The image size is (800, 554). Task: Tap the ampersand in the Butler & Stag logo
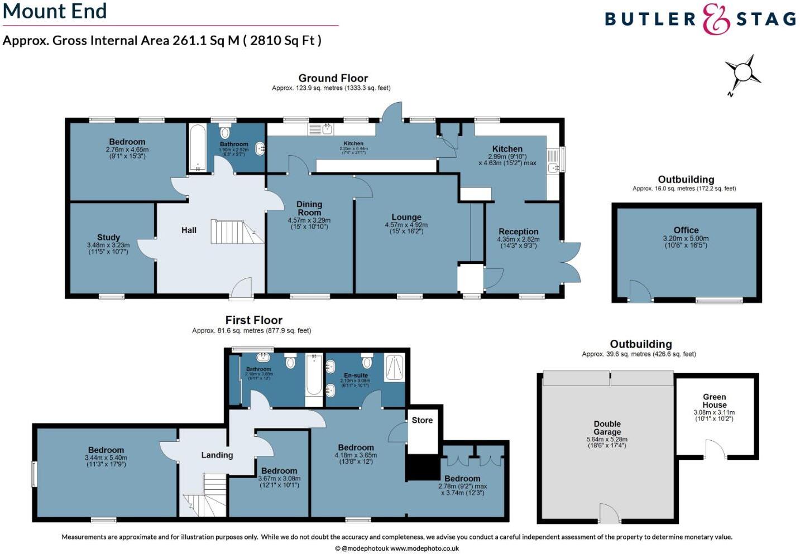pyautogui.click(x=716, y=20)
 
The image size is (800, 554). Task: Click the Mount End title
pyautogui.click(x=55, y=11)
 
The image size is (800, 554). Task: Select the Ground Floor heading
pyautogui.click(x=333, y=78)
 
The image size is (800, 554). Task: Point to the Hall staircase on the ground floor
pyautogui.click(x=234, y=232)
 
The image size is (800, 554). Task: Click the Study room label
pyautogui.click(x=108, y=237)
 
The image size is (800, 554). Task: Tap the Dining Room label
pyautogui.click(x=309, y=208)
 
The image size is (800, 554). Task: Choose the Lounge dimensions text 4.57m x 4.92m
pyautogui.click(x=406, y=225)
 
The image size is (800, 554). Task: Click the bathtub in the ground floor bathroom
pyautogui.click(x=197, y=148)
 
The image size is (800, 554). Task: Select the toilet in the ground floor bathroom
pyautogui.click(x=225, y=132)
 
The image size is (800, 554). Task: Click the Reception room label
pyautogui.click(x=518, y=232)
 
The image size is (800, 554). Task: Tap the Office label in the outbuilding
pyautogui.click(x=686, y=230)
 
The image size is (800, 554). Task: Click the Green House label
pyautogui.click(x=714, y=401)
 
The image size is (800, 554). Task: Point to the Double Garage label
pyautogui.click(x=607, y=428)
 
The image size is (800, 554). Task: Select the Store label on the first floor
pyautogui.click(x=422, y=420)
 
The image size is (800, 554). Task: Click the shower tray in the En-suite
pyautogui.click(x=394, y=368)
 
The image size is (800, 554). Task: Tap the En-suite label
pyautogui.click(x=356, y=375)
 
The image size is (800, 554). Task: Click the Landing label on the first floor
pyautogui.click(x=217, y=455)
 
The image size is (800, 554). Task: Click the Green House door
pyautogui.click(x=716, y=449)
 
